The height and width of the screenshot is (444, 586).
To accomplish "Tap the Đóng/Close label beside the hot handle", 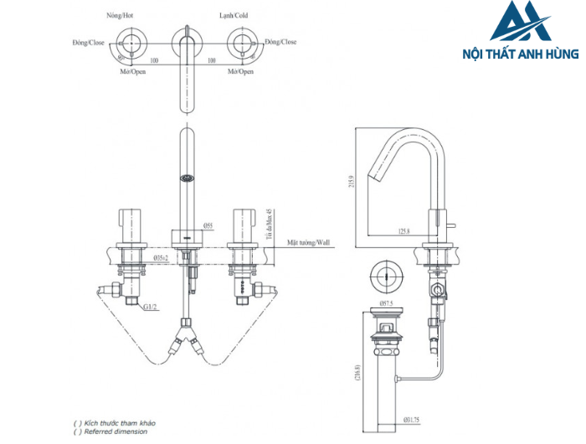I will click(x=88, y=42).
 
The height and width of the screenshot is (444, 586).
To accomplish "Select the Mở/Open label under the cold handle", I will click(x=243, y=72).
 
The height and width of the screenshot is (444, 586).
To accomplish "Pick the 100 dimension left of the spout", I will click(x=154, y=60).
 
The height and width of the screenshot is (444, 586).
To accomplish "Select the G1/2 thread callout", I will click(x=150, y=307).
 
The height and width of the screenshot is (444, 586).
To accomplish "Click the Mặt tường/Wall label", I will click(x=309, y=241).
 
